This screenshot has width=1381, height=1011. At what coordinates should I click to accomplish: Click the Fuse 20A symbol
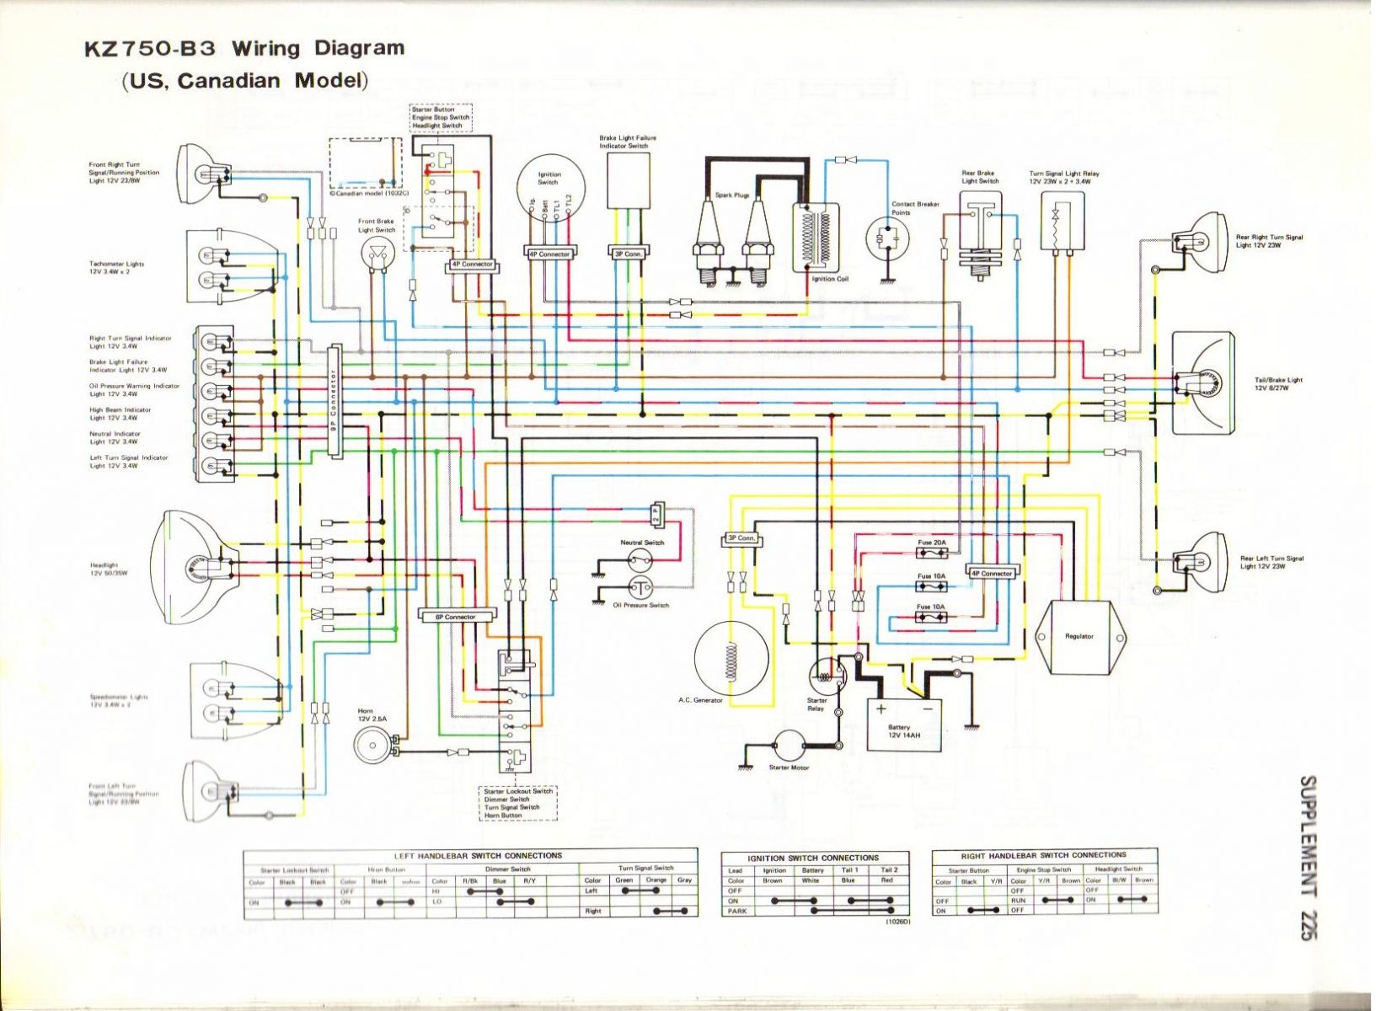(931, 554)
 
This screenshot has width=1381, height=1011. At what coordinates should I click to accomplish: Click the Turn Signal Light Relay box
(1062, 221)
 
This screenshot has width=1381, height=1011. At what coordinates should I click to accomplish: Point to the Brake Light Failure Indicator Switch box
(628, 181)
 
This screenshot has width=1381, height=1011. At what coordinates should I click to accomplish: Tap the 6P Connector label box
(456, 617)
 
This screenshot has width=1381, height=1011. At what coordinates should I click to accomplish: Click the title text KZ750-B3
(151, 48)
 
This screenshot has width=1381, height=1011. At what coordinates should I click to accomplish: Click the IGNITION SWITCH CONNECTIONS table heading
(813, 858)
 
